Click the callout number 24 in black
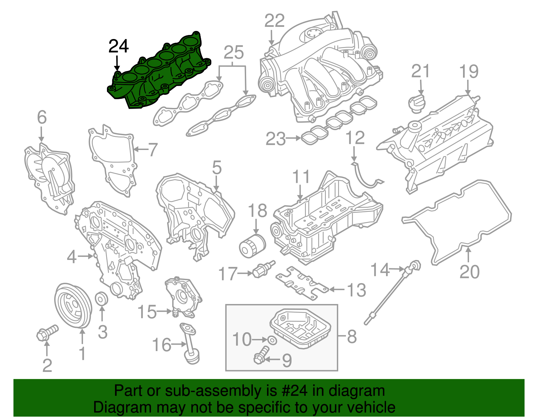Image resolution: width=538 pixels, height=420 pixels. click(x=118, y=46)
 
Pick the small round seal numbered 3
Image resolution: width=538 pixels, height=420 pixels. click(x=102, y=298)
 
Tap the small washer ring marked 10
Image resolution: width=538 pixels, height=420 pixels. click(x=273, y=340)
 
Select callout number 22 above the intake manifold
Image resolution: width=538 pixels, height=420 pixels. click(x=274, y=21)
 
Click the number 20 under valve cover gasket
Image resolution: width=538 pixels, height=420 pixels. click(x=469, y=272)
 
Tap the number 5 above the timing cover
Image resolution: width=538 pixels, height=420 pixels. click(x=217, y=167)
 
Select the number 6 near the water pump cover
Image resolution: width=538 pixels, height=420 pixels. click(x=42, y=117)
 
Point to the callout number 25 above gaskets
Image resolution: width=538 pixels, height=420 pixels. click(x=233, y=52)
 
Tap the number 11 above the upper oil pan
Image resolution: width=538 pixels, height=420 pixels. click(x=301, y=177)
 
